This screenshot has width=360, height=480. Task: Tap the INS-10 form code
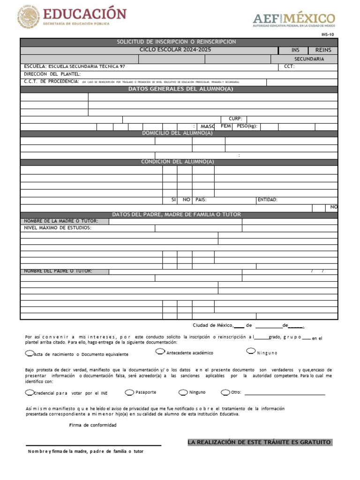(x=328, y=35)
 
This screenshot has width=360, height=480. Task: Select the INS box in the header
(x=295, y=50)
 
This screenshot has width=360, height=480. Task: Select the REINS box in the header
(x=323, y=50)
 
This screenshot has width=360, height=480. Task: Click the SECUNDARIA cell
(x=309, y=59)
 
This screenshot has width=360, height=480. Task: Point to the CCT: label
(x=289, y=67)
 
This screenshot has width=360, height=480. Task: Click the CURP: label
(x=235, y=119)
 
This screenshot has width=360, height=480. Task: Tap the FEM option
(x=226, y=127)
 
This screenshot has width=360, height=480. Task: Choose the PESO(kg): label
(x=247, y=127)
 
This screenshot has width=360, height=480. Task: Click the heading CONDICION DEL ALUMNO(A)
(x=178, y=162)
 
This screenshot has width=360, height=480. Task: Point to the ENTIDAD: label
(x=268, y=200)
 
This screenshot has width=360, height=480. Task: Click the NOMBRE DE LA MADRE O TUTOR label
(x=61, y=221)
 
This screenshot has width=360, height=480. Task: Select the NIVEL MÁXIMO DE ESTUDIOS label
(x=58, y=228)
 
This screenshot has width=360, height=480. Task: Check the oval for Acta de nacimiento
(x=30, y=353)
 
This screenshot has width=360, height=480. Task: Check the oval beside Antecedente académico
(x=160, y=352)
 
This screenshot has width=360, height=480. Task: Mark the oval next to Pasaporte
(x=129, y=392)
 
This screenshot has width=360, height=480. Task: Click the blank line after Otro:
(x=285, y=394)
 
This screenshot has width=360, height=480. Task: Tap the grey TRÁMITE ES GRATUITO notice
(x=260, y=442)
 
